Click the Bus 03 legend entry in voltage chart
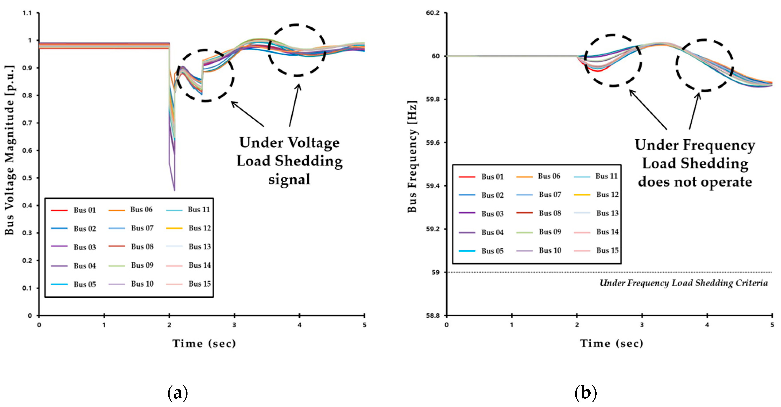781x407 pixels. pyautogui.click(x=84, y=247)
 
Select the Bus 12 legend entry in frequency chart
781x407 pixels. pyautogui.click(x=607, y=195)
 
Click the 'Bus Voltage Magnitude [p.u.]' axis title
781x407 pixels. pyautogui.click(x=10, y=150)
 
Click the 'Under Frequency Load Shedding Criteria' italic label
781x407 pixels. pyautogui.click(x=684, y=283)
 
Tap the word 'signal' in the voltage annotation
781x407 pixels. pyautogui.click(x=289, y=179)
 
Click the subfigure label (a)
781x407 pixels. pyautogui.click(x=178, y=393)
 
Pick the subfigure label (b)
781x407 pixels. pyautogui.click(x=586, y=393)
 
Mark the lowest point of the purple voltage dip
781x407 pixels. pyautogui.click(x=174, y=190)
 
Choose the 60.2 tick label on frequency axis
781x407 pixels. pyautogui.click(x=433, y=13)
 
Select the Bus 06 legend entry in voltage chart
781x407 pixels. pyautogui.click(x=141, y=210)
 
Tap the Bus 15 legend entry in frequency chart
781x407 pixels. pyautogui.click(x=607, y=250)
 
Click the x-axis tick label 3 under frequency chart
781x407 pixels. pyautogui.click(x=642, y=325)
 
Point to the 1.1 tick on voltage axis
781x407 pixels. pyautogui.click(x=27, y=13)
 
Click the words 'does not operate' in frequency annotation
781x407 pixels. pyautogui.click(x=695, y=182)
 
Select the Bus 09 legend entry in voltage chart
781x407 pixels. pyautogui.click(x=142, y=265)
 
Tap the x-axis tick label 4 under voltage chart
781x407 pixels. pyautogui.click(x=299, y=325)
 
